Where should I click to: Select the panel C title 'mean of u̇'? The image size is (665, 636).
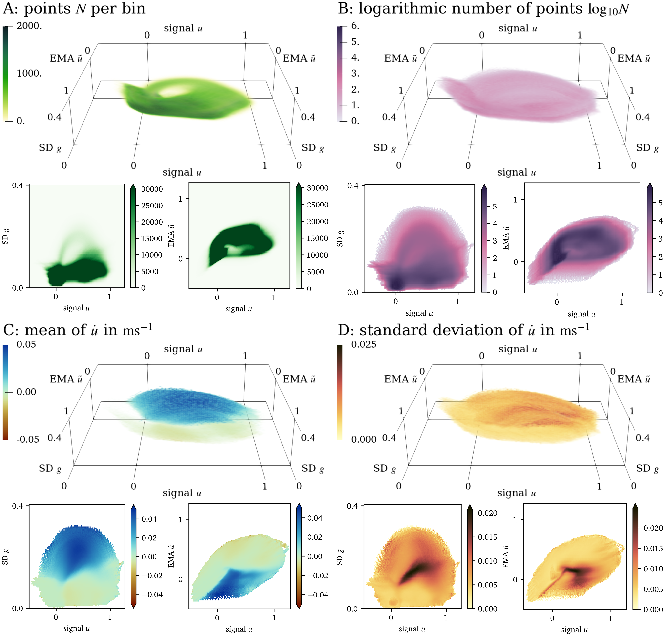[x=77, y=330]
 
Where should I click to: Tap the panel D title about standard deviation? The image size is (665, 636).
[x=463, y=330]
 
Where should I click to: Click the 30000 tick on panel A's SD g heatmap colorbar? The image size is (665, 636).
[x=152, y=189]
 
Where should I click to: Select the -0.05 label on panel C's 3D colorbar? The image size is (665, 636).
[x=28, y=439]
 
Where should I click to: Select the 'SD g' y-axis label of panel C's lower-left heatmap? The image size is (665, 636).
[x=5, y=557]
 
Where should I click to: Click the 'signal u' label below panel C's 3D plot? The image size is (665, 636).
[x=182, y=493]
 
